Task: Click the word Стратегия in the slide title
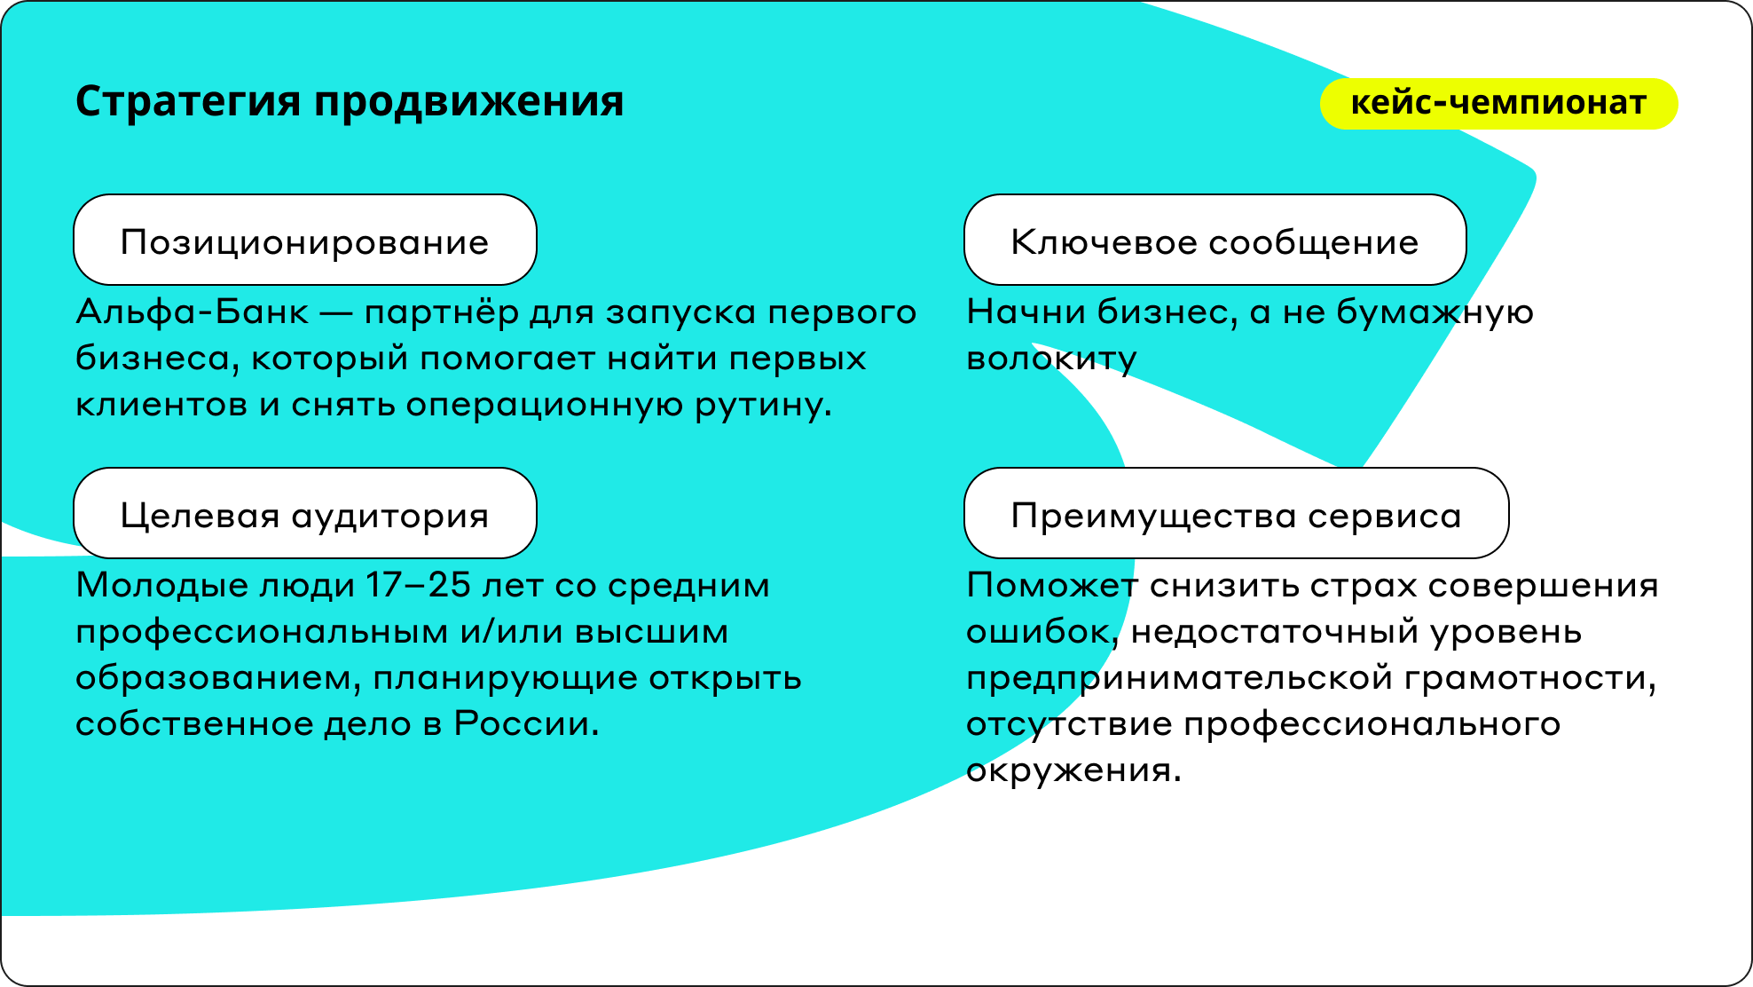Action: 188,102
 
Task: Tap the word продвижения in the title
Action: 469,102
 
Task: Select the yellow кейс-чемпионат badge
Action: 1498,104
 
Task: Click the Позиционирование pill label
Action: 305,241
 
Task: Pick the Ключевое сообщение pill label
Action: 1215,241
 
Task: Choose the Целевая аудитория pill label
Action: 305,514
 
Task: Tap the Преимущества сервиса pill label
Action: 1236,514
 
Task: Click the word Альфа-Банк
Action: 193,312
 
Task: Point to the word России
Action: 527,724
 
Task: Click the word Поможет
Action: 1052,586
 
